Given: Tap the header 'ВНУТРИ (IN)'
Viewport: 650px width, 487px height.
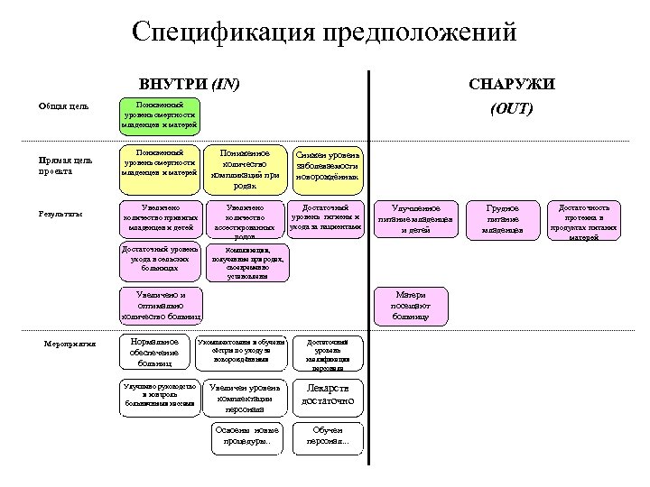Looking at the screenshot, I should point(189,85).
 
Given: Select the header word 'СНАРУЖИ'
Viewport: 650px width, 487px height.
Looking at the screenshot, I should point(512,85).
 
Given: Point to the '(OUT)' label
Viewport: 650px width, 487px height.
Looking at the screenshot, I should point(511,109).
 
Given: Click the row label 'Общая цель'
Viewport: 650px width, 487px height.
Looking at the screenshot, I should point(63,107).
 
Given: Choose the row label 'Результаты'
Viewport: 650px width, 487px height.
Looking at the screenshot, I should point(61,214).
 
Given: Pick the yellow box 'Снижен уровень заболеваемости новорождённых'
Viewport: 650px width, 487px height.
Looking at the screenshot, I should point(327,165).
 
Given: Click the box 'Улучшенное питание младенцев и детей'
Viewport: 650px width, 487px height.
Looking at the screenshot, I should point(414,219).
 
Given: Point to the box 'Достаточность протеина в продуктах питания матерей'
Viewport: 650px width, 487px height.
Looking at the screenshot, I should point(584,219).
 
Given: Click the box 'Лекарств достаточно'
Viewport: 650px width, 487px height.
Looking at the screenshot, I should point(327,395).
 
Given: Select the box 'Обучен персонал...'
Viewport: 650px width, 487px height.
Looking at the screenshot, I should point(327,436).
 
